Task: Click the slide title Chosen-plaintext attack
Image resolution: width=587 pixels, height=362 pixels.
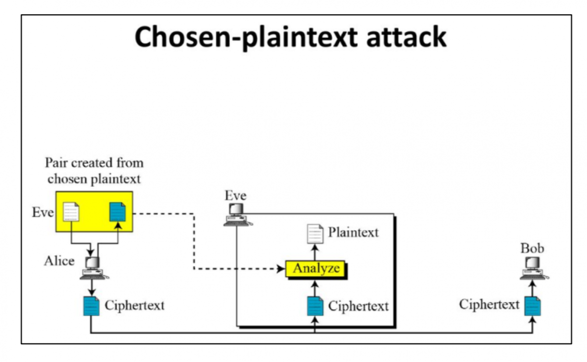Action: pos(290,37)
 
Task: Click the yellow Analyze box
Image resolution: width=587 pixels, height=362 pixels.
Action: pos(316,269)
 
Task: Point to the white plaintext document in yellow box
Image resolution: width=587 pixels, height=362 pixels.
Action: pos(71,211)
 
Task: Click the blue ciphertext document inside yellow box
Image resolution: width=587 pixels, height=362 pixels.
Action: pos(117,211)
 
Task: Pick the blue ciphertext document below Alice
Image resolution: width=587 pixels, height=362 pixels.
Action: pos(91,306)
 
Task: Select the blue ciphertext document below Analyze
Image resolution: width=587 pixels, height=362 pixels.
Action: pos(315,306)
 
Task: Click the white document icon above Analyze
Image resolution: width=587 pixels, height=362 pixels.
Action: pos(315,233)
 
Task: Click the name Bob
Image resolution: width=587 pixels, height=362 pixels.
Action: pos(532,248)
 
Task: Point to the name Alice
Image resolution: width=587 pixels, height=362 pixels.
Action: pos(59,261)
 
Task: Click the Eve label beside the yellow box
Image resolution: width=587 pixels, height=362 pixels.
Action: pos(43,213)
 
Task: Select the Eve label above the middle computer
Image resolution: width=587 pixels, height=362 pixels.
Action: pos(235,196)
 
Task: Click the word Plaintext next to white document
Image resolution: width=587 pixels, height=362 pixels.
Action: pos(353,232)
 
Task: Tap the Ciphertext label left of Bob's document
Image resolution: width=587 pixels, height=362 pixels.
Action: pos(489,304)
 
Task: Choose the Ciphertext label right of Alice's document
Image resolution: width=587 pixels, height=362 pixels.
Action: pos(135,306)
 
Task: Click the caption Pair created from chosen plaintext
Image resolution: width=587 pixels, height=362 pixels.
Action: pos(94,170)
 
